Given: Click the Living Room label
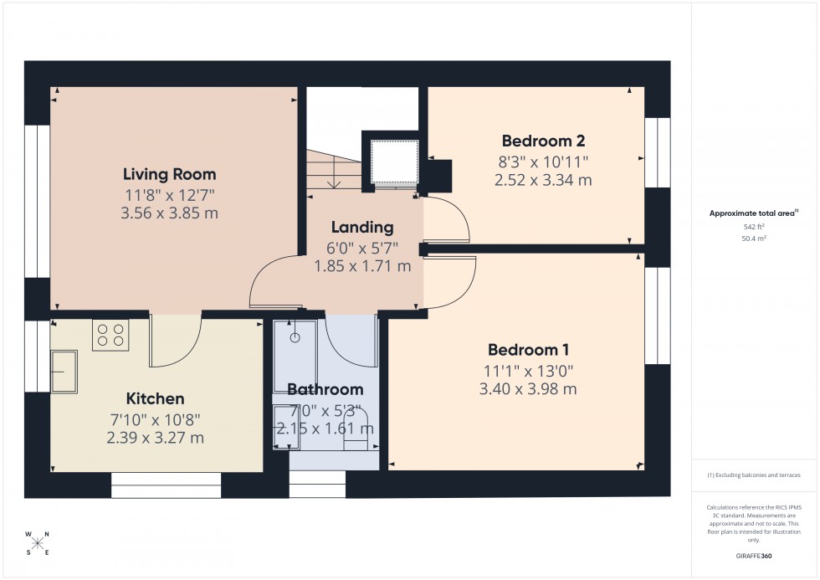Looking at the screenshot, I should [x=169, y=175].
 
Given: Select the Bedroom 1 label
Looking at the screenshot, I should [x=528, y=350].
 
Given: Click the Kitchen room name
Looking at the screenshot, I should [x=155, y=398].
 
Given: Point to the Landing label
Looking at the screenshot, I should [x=361, y=228].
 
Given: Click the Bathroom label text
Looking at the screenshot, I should [x=325, y=389].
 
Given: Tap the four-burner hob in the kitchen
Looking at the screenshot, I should [x=111, y=335].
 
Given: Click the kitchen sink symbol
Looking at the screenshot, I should [x=64, y=372].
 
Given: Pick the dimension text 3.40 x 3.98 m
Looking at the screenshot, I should [x=528, y=389].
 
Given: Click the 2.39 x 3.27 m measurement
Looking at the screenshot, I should [x=155, y=438].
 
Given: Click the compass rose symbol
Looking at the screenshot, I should [x=37, y=543].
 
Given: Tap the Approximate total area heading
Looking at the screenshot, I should [x=754, y=213].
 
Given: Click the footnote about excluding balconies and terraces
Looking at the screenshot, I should [x=754, y=475].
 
